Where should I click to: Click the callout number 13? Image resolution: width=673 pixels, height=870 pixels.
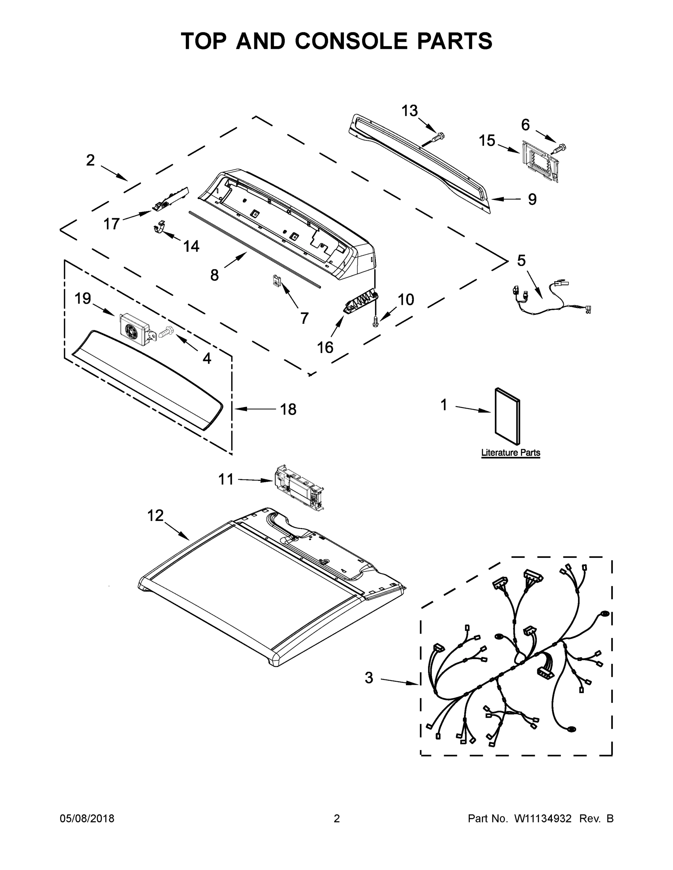point(410,111)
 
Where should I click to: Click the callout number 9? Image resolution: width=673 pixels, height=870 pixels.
point(532,199)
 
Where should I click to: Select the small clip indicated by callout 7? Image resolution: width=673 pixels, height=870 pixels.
point(276,281)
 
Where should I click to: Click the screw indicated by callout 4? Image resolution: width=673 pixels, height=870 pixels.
point(167,332)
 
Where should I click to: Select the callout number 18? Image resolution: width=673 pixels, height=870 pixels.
point(288,409)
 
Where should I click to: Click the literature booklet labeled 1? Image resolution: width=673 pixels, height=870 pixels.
point(507,416)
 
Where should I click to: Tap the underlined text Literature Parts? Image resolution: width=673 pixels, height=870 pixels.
point(510,452)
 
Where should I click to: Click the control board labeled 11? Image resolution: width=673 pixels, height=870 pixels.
point(298,488)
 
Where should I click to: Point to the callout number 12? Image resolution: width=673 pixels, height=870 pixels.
point(156,515)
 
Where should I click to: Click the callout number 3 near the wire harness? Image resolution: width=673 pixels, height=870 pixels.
point(369,678)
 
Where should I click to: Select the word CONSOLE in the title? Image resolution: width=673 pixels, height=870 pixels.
point(352,41)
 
